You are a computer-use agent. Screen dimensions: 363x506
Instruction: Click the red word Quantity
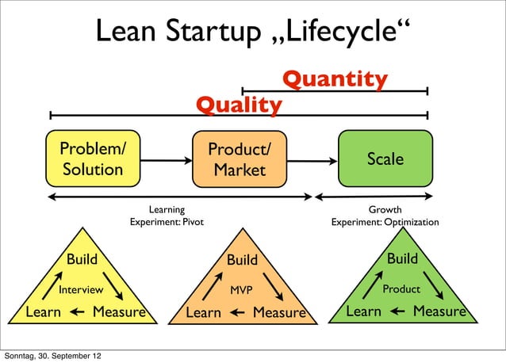tap(335, 79)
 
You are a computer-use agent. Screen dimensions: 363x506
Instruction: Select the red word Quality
tap(239, 105)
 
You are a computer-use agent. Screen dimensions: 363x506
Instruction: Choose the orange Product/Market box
tap(239, 160)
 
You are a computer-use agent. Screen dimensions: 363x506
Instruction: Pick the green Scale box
tap(385, 159)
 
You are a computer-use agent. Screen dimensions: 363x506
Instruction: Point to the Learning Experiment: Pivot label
tap(167, 216)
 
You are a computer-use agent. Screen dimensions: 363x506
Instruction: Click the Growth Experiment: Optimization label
tap(385, 216)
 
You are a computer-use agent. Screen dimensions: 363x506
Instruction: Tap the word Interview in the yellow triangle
tap(81, 290)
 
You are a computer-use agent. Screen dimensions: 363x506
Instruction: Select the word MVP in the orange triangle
tap(241, 290)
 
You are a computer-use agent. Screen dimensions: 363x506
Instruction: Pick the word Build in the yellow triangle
tap(82, 259)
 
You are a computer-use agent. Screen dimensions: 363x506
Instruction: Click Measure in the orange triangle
tap(278, 313)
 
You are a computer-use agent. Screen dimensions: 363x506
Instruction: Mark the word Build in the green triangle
tap(402, 258)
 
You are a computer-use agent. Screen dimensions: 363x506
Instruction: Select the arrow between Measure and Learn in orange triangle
tap(237, 314)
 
